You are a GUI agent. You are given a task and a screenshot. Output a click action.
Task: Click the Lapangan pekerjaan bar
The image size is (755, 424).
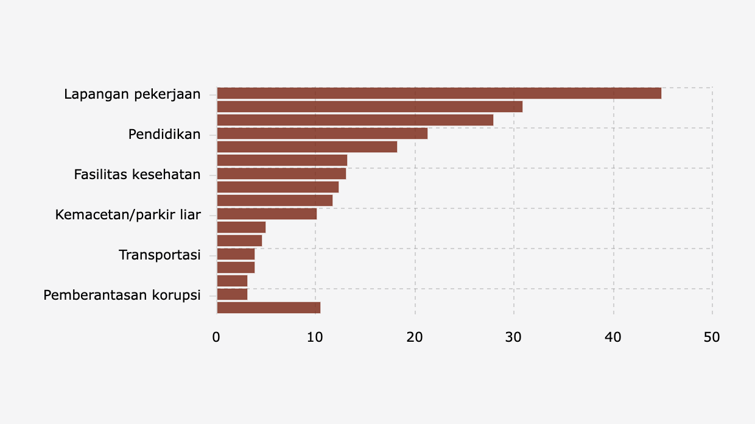point(438,93)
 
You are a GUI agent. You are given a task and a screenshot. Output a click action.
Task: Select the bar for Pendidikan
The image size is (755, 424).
point(322,133)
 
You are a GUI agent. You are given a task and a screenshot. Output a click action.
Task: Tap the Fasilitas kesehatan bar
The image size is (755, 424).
point(281,174)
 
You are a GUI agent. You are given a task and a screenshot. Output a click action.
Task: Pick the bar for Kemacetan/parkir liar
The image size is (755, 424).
point(267,214)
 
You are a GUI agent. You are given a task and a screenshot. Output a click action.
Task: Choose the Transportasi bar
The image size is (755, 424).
point(236,254)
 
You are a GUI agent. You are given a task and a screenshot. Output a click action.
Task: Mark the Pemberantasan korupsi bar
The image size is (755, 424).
point(232,294)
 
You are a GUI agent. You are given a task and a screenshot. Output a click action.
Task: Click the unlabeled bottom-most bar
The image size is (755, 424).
point(269,308)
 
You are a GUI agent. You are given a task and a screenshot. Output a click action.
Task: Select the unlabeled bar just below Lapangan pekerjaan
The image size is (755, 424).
point(370,107)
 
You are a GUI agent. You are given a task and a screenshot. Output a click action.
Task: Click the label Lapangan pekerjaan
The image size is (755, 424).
point(132,94)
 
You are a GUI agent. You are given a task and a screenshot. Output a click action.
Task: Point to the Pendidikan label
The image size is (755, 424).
point(164,134)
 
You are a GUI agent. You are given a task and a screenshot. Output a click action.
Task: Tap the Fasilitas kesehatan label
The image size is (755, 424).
point(137,174)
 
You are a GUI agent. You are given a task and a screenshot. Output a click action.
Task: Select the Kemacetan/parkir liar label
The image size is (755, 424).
point(128,214)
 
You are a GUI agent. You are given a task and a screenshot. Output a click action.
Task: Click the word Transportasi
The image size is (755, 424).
point(160,255)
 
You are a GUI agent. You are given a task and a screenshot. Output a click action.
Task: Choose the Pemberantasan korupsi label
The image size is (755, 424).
point(122,295)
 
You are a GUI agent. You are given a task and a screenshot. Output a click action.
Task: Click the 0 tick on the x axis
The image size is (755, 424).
point(216,337)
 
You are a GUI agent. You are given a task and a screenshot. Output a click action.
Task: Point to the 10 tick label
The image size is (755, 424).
point(315,337)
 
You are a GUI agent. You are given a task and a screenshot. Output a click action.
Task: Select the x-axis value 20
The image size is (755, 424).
point(415,337)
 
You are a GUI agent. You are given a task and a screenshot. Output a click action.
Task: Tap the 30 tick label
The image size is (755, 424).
point(514,337)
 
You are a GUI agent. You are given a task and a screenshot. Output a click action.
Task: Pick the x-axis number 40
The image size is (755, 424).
point(613,337)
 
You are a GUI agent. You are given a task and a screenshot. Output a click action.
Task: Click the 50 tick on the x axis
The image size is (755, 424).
point(712,337)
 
